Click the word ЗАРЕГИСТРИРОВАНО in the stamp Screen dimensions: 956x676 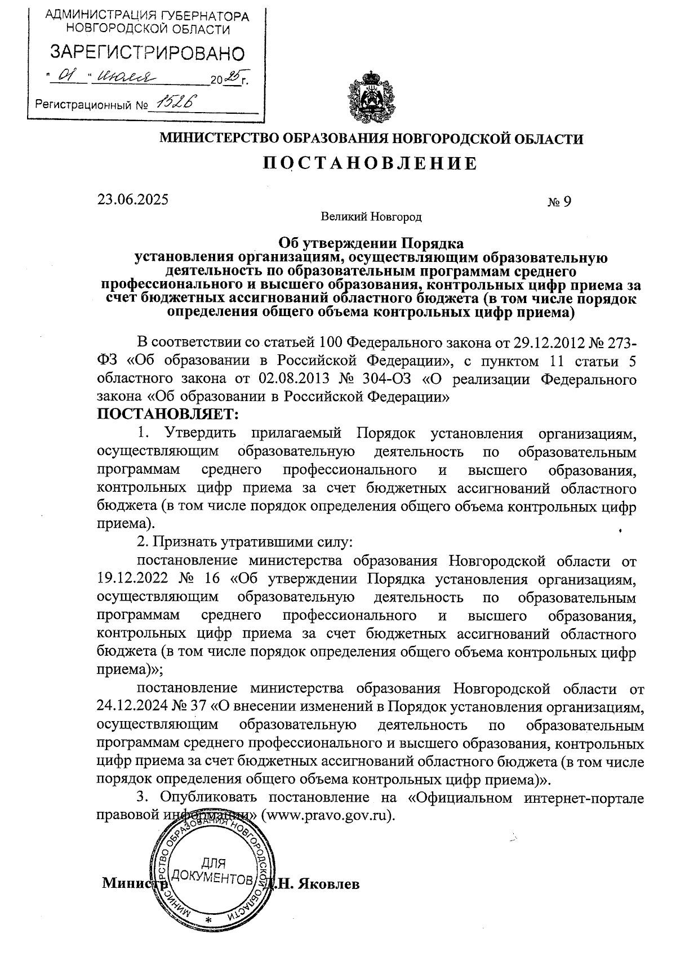pos(148,54)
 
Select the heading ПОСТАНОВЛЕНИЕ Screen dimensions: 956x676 pos(371,163)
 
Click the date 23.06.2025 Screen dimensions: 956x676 pos(132,199)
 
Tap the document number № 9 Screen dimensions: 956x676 pos(559,201)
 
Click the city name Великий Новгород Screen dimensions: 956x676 pos(371,216)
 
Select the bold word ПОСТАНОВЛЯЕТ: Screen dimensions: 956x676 pos(168,415)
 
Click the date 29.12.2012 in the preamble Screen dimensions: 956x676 pos(545,343)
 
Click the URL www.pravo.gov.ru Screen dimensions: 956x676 pos(328,815)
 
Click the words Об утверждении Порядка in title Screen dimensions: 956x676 pos(371,244)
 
